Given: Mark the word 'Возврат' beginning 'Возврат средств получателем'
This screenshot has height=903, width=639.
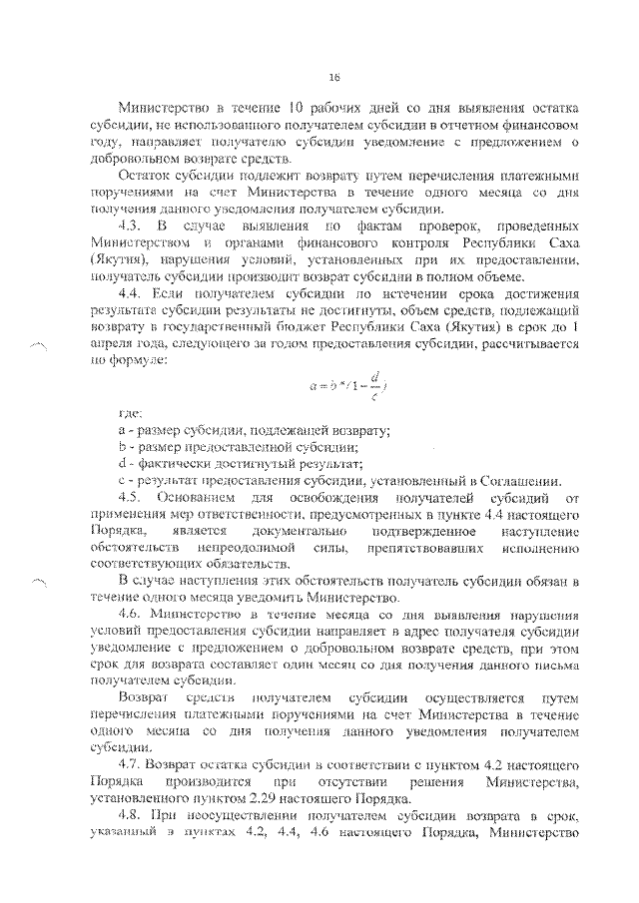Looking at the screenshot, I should (141, 693).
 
